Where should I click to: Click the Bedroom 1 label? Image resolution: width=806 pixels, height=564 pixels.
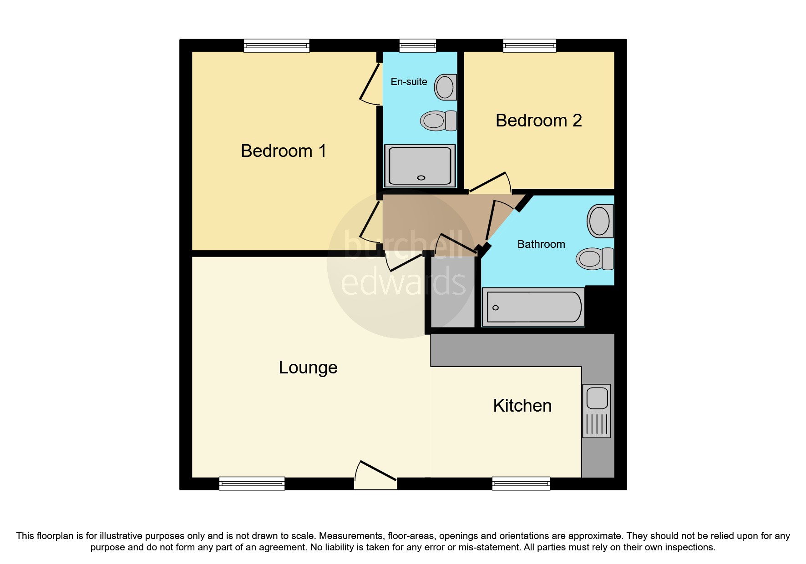click(284, 151)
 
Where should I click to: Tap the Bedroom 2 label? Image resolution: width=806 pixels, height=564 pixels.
click(538, 121)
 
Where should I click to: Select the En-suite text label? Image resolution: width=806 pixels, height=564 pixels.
click(409, 82)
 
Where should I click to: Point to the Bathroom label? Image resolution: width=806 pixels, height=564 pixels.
click(541, 244)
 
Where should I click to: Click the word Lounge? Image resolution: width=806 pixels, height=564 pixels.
click(308, 368)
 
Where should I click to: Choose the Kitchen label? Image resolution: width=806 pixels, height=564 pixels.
click(522, 406)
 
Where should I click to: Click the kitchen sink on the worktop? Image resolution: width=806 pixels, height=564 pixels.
click(597, 410)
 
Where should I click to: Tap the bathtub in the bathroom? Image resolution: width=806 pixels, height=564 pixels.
click(533, 307)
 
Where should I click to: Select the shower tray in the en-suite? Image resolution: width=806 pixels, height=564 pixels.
click(420, 166)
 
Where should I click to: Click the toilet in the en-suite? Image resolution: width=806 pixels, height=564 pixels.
click(438, 121)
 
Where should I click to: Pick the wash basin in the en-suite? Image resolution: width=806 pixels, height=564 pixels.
click(445, 87)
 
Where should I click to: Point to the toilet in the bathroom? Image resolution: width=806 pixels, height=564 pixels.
click(594, 259)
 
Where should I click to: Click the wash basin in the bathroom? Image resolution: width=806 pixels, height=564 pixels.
click(600, 221)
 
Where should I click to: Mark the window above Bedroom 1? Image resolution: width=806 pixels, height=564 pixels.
click(276, 45)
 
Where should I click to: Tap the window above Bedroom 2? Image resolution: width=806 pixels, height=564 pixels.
click(529, 45)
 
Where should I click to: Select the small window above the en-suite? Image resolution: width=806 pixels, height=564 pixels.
click(417, 45)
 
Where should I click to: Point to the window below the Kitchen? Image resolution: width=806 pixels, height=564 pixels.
click(521, 483)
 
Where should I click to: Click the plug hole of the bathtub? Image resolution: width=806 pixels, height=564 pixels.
click(496, 308)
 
